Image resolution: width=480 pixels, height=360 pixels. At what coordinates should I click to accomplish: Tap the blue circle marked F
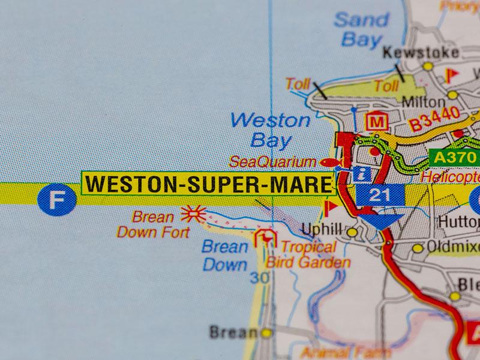[57, 200]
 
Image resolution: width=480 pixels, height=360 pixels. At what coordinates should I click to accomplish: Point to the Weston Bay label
[271, 130]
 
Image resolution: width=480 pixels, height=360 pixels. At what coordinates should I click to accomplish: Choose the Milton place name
[424, 101]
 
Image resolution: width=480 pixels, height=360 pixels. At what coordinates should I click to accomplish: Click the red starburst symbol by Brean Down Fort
[193, 214]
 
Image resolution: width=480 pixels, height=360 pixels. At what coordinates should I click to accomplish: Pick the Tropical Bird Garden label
[308, 254]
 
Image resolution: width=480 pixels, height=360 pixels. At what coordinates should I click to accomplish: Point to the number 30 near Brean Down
[259, 278]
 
